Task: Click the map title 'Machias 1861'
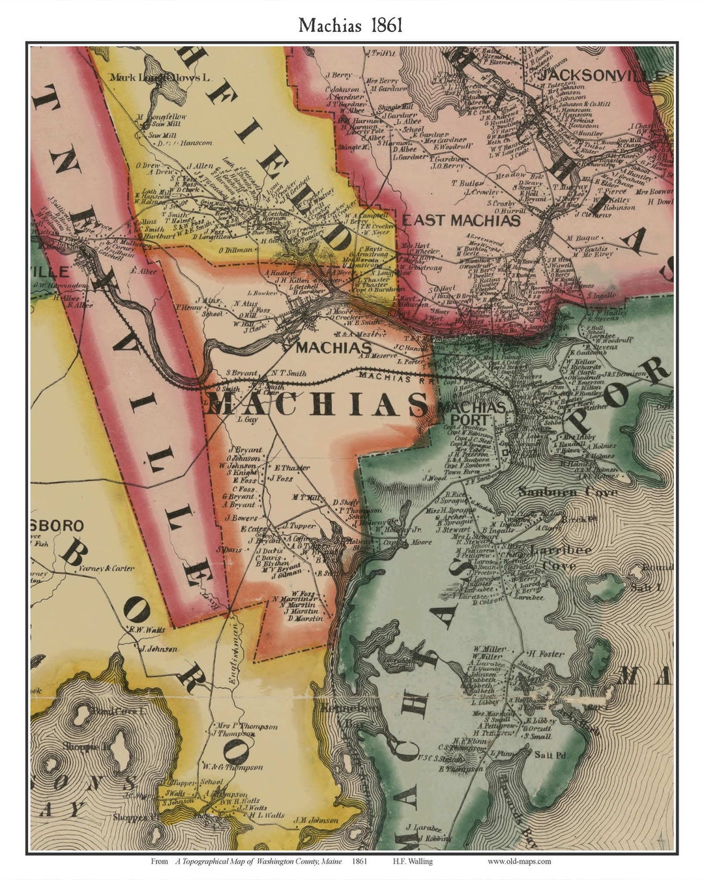(x=351, y=25)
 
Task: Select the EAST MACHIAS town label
(x=462, y=220)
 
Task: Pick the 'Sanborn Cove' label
(x=567, y=492)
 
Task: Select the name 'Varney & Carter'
(x=107, y=568)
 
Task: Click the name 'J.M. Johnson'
(x=315, y=820)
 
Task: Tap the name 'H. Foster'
(x=546, y=653)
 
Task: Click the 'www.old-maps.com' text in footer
(x=519, y=861)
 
